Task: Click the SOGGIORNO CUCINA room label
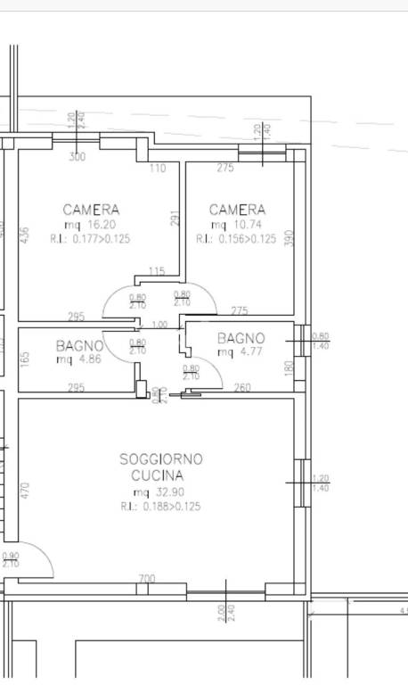(161, 467)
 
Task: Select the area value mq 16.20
(90, 226)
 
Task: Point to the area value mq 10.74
(236, 226)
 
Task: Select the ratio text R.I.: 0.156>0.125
(236, 239)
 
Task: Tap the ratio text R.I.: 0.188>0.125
(161, 506)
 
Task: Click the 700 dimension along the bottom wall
(147, 580)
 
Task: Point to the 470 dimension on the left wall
(25, 490)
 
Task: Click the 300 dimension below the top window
(78, 157)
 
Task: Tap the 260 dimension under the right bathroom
(242, 387)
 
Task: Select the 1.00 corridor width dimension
(159, 325)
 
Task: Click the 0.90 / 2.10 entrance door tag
(11, 559)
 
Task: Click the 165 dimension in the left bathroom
(25, 358)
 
